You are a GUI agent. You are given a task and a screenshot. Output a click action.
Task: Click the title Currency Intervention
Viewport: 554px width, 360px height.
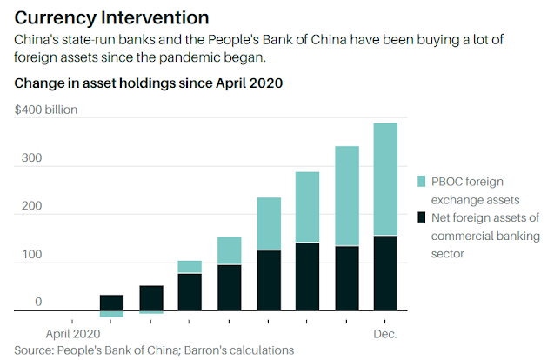tap(111, 17)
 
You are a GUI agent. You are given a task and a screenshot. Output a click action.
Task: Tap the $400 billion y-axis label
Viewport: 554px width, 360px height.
tap(46, 110)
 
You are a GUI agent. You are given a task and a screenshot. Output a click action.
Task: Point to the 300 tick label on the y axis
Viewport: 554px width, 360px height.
tap(31, 157)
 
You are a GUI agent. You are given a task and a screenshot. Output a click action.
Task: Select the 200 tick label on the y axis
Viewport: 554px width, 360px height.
tap(31, 205)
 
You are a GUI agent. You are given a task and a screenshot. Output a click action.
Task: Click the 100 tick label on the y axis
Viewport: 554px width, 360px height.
tap(32, 254)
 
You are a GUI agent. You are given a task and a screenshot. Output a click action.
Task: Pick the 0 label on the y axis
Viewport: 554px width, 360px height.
tap(38, 302)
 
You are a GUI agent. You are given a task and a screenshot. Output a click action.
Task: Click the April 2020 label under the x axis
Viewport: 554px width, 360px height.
tap(73, 334)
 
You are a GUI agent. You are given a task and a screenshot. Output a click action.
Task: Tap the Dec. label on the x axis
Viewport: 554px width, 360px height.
tap(385, 334)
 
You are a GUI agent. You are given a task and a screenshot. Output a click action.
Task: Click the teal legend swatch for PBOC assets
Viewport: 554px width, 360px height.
tap(421, 181)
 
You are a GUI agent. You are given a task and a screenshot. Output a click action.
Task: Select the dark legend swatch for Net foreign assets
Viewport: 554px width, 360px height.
tap(421, 217)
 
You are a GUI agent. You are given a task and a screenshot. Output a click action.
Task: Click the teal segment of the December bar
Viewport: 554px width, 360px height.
tap(385, 179)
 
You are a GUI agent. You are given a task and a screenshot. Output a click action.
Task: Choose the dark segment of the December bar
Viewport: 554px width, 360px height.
tap(385, 273)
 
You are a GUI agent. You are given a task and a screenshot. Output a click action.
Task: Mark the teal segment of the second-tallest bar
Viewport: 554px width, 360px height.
tap(347, 196)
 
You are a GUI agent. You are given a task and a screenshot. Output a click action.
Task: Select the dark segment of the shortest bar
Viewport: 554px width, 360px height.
tap(111, 303)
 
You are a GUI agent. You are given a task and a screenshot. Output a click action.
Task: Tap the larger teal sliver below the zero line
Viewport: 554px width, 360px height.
tap(111, 314)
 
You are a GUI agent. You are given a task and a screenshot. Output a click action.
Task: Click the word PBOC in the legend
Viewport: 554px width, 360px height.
tap(447, 182)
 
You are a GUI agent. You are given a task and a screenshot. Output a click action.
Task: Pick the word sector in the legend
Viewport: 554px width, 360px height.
tap(447, 254)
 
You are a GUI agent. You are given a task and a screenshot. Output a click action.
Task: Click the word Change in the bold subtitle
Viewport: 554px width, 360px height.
tap(37, 83)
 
